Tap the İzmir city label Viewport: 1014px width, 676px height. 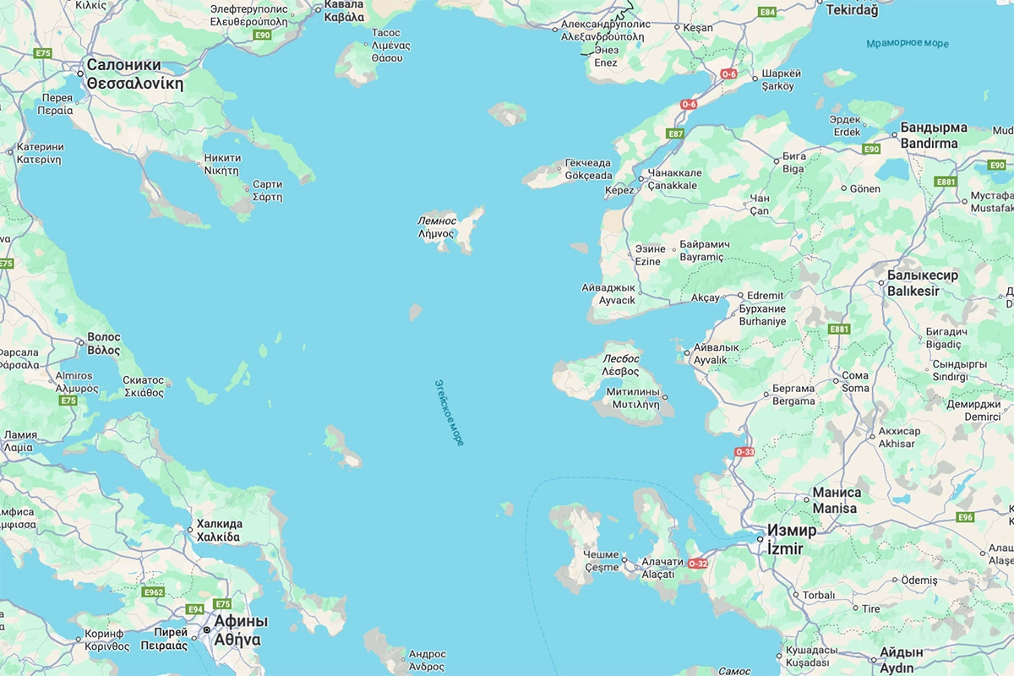coord(784,548)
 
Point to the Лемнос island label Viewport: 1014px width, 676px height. coord(436,221)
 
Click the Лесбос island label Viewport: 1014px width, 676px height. coord(621,358)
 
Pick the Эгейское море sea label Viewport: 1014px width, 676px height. coord(449,412)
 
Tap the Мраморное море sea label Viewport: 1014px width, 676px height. coord(908,44)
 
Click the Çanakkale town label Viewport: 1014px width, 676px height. coord(673,185)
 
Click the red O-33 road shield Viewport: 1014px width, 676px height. coord(744,452)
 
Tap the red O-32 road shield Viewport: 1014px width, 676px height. coord(698,564)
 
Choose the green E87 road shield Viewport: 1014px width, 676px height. coord(675,134)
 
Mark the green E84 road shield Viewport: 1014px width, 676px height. coord(767,12)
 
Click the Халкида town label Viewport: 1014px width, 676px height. coord(219,537)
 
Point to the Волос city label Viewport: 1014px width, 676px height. coord(104,350)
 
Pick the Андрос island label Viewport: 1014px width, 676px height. coord(427,667)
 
